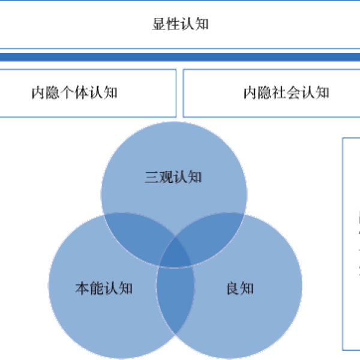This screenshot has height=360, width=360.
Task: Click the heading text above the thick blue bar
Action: [180, 24]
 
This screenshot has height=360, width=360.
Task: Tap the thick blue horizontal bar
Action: [180, 58]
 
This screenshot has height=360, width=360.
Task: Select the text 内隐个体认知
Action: [74, 93]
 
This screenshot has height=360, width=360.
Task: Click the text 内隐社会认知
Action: [286, 93]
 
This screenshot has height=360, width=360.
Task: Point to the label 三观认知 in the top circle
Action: [173, 178]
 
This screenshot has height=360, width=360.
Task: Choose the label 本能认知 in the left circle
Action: [103, 289]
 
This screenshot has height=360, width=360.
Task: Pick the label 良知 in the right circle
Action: [240, 289]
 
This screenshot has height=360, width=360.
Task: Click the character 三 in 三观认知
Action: [152, 178]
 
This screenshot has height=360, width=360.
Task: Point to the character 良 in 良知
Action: [233, 289]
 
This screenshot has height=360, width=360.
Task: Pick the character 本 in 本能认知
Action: [82, 289]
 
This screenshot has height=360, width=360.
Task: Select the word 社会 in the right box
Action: [286, 93]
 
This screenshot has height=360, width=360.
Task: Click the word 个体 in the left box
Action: [74, 93]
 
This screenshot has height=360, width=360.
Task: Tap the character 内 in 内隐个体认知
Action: [38, 93]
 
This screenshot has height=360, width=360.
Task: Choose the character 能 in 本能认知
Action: [96, 289]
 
